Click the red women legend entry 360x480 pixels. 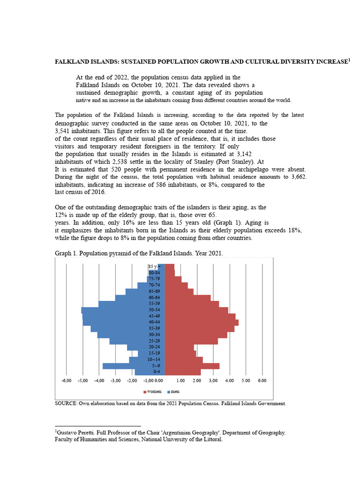[x=153, y=391]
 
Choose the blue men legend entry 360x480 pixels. [x=173, y=391]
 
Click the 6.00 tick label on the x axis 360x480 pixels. [x=262, y=381]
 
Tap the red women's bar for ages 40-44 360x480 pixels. [x=202, y=322]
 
